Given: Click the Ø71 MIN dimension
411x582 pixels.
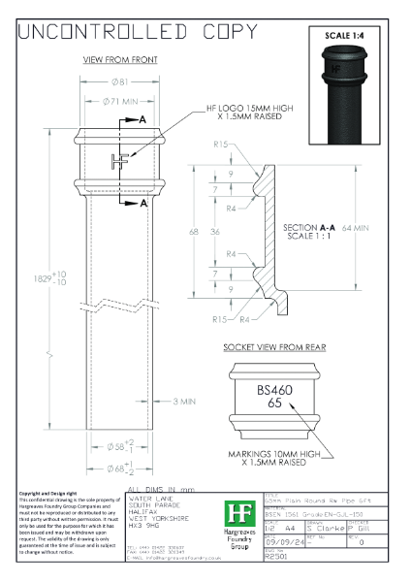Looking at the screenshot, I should pos(120,101).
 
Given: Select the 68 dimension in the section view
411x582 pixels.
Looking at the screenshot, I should pos(193,233).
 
